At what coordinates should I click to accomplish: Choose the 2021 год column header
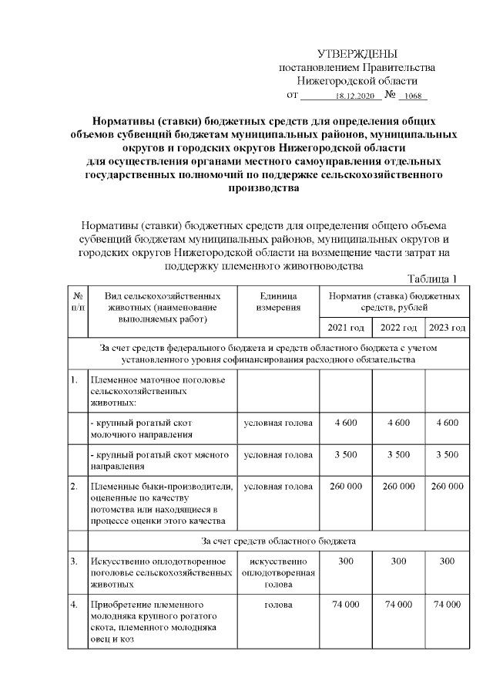click(x=346, y=328)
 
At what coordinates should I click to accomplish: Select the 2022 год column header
click(x=398, y=328)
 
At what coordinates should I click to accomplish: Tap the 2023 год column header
click(x=447, y=328)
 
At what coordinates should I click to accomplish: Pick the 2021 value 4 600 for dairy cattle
click(x=346, y=423)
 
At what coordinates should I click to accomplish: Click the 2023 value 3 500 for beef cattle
click(x=447, y=455)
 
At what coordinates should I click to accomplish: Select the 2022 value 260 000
click(x=398, y=487)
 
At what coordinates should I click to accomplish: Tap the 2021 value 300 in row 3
click(x=346, y=561)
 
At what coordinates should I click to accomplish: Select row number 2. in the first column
click(x=74, y=487)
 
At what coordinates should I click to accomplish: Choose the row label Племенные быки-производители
click(x=162, y=487)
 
